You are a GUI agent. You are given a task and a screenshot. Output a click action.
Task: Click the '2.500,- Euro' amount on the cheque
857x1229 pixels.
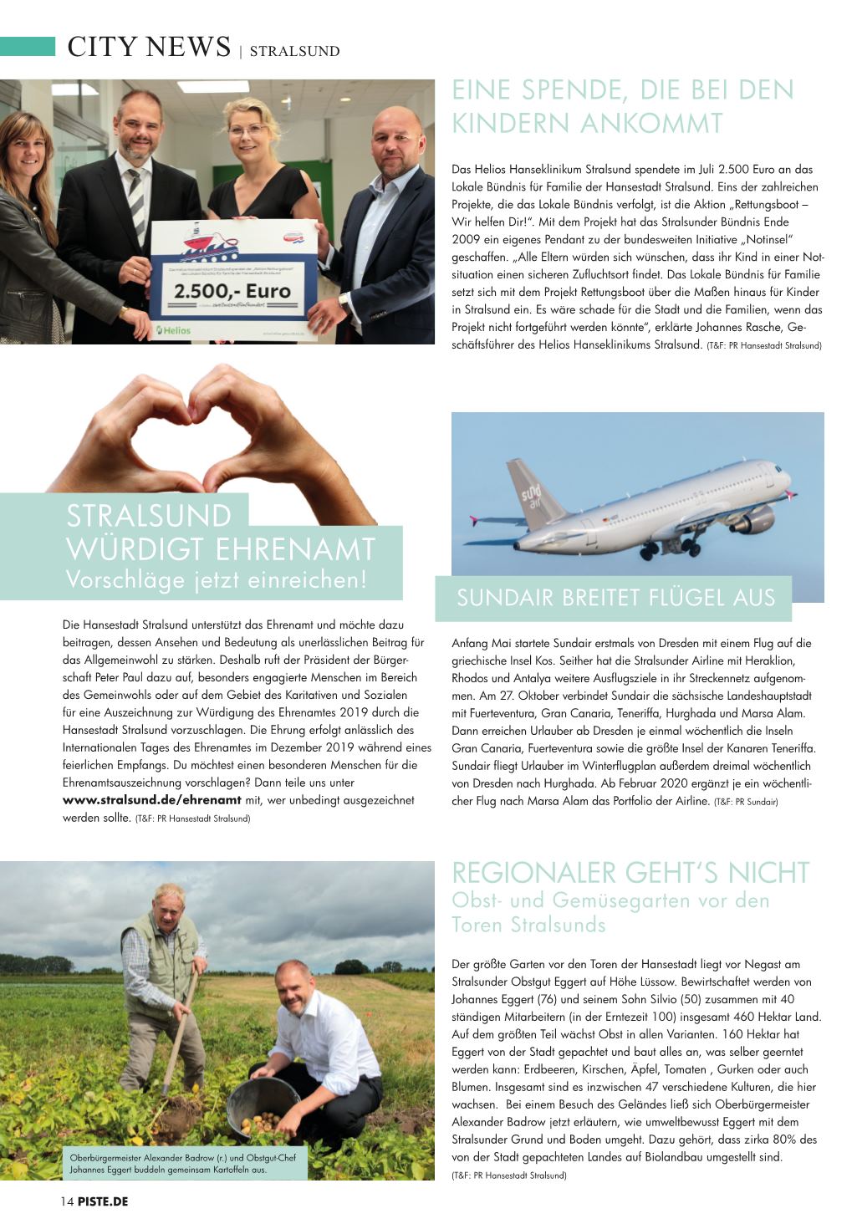(232, 292)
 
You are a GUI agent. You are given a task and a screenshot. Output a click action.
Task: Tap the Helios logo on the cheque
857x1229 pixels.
(174, 330)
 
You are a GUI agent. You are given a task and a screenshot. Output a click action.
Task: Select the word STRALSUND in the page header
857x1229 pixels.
(294, 51)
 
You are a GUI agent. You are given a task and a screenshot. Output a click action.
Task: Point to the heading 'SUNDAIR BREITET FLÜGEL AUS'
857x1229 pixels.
(616, 598)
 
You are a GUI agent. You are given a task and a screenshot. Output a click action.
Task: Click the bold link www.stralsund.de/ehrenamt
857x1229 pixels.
(152, 800)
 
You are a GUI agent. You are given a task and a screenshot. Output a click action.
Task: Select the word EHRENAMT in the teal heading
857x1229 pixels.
(295, 549)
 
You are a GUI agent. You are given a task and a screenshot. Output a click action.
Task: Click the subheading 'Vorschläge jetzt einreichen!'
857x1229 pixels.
(217, 579)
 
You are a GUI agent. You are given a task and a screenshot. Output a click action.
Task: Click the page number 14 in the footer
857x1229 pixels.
(67, 1201)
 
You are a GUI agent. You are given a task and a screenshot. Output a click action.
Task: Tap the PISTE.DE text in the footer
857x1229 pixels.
(103, 1201)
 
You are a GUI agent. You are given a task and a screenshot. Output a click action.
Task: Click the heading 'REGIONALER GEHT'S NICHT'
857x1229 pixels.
(630, 873)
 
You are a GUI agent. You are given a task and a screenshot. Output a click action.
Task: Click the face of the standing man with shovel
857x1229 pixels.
(170, 906)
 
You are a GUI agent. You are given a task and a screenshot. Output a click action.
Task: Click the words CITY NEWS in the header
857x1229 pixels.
(149, 47)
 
